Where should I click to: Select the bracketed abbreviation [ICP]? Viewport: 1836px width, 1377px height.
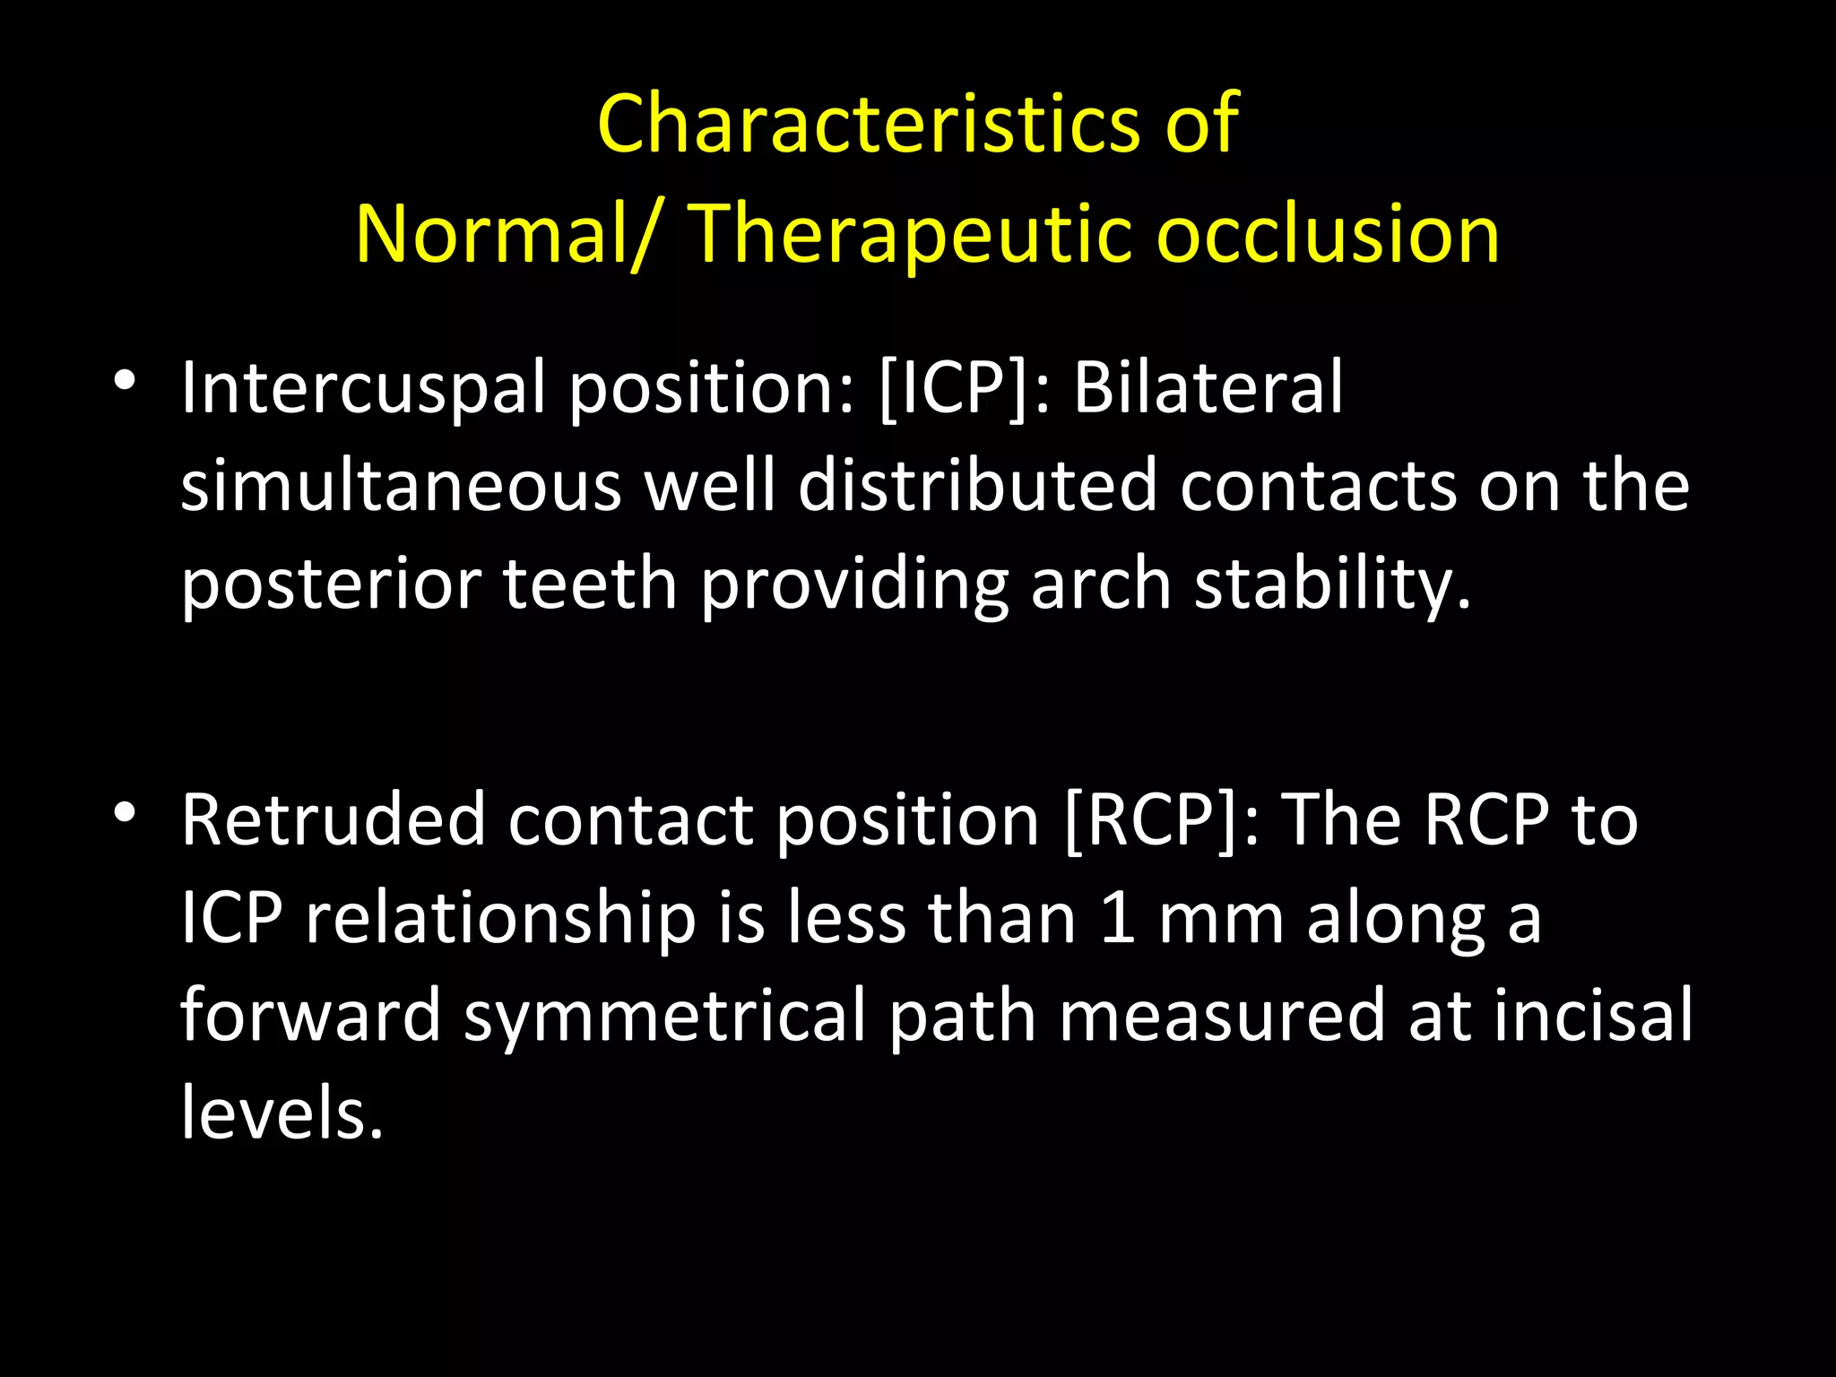click(965, 388)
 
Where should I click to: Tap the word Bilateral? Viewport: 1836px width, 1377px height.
click(1208, 388)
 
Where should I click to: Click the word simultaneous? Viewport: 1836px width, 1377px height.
click(401, 487)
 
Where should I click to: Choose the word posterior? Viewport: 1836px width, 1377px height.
click(331, 585)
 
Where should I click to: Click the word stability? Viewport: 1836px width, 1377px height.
click(1333, 585)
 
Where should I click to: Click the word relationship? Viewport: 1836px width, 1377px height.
click(500, 918)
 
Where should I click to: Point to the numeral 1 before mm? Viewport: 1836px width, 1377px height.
click(1118, 918)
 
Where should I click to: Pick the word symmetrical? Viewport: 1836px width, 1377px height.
click(665, 1016)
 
